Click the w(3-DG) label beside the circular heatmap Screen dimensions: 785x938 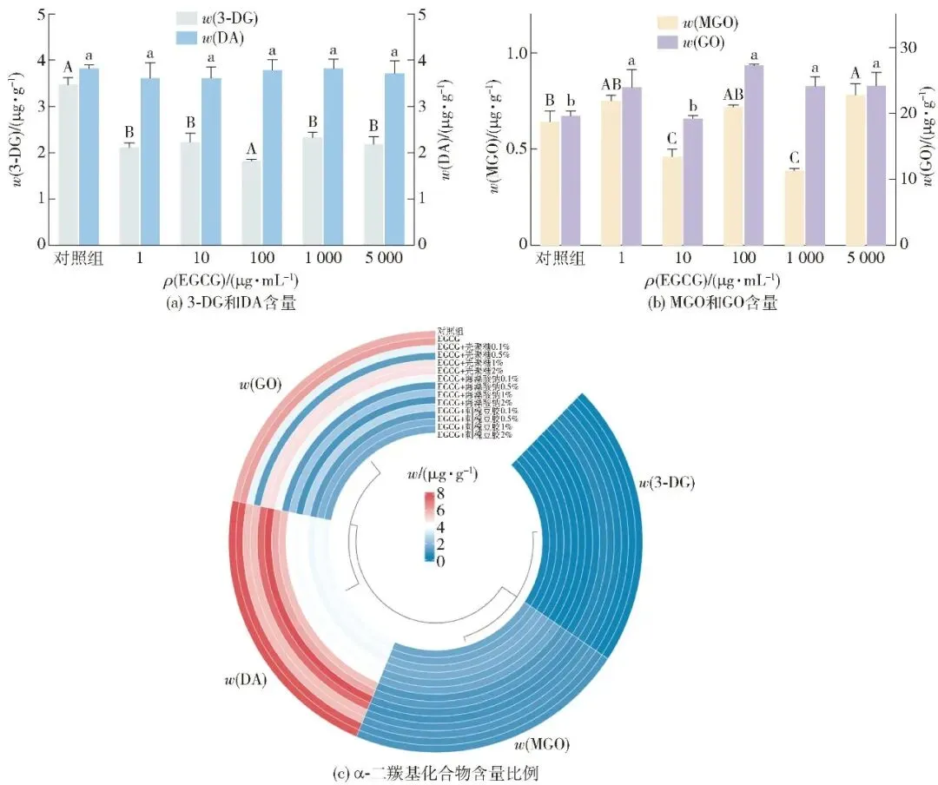coord(667,482)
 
